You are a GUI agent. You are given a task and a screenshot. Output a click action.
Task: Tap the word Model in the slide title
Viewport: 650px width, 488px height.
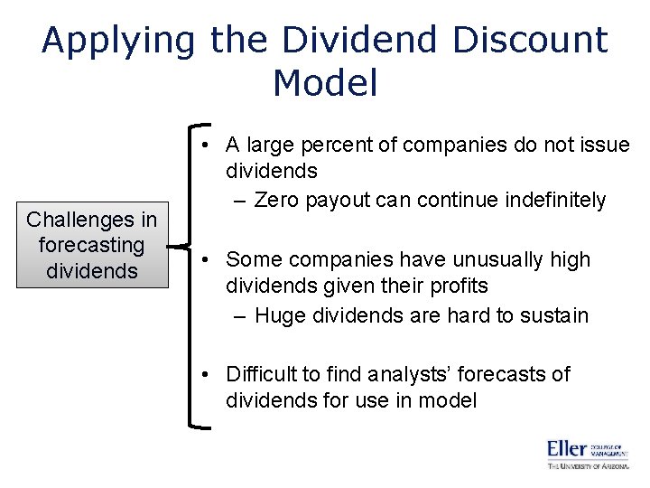tap(324, 83)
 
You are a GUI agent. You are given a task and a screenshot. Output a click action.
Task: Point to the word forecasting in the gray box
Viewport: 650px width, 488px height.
tap(91, 245)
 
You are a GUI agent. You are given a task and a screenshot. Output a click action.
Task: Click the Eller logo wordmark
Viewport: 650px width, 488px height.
tap(567, 448)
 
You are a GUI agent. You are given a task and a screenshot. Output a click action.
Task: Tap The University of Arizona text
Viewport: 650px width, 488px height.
tap(587, 465)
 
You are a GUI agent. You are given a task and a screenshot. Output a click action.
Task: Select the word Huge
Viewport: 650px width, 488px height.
tap(280, 315)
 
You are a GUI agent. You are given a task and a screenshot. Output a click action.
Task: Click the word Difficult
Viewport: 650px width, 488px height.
tap(262, 374)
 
